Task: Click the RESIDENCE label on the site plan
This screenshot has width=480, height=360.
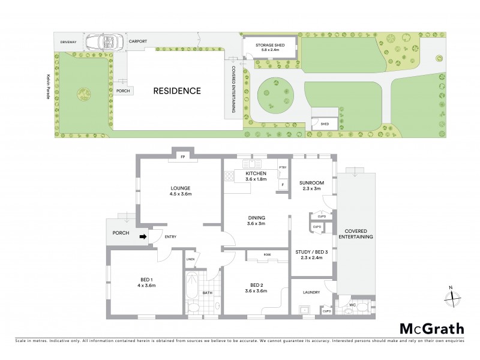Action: tap(176, 91)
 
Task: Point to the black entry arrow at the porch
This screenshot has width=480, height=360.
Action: tap(143, 236)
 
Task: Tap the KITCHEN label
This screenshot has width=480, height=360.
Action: tap(256, 173)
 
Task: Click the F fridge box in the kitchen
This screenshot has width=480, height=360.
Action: tap(282, 185)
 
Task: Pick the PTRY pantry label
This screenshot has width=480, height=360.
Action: tap(282, 166)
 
